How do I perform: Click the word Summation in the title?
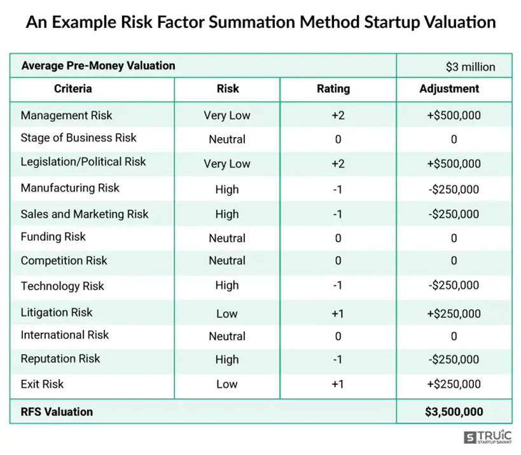pyautogui.click(x=252, y=22)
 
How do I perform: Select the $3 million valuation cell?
pyautogui.click(x=470, y=67)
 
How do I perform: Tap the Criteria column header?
pyautogui.click(x=73, y=89)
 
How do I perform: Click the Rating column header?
pyautogui.click(x=333, y=89)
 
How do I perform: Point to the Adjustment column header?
pyautogui.click(x=449, y=89)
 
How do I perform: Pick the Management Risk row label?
pyautogui.click(x=66, y=115)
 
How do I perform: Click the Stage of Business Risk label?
pyautogui.click(x=78, y=138)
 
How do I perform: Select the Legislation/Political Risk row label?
pyautogui.click(x=83, y=161)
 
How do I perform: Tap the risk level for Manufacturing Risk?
pyautogui.click(x=227, y=189)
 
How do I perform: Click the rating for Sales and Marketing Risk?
pyautogui.click(x=338, y=214)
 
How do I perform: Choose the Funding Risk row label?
pyautogui.click(x=53, y=236)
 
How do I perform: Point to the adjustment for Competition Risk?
pyautogui.click(x=454, y=261)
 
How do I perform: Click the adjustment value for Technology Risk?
pyautogui.click(x=454, y=285)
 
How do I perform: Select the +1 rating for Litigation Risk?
pyautogui.click(x=338, y=314)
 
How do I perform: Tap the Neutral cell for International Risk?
pyautogui.click(x=227, y=336)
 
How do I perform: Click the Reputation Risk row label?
pyautogui.click(x=60, y=359)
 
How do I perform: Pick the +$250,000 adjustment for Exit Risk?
pyautogui.click(x=454, y=384)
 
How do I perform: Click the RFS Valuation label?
pyautogui.click(x=57, y=412)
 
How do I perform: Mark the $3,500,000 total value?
pyautogui.click(x=454, y=412)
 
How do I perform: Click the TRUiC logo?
pyautogui.click(x=487, y=437)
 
